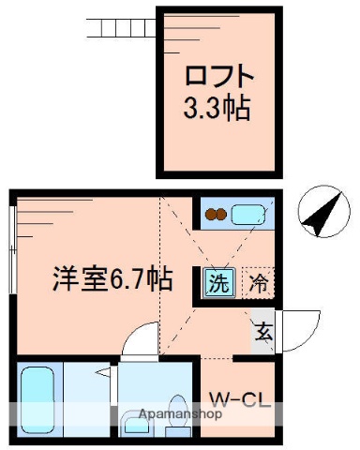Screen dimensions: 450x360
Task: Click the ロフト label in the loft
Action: [217, 75]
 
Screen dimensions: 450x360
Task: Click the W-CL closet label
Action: [240, 405]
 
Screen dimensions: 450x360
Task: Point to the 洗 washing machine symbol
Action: [217, 280]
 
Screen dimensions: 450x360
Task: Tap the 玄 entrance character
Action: [263, 331]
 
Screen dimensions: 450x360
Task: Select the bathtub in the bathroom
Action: [37, 398]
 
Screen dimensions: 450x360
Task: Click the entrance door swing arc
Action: [298, 328]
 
